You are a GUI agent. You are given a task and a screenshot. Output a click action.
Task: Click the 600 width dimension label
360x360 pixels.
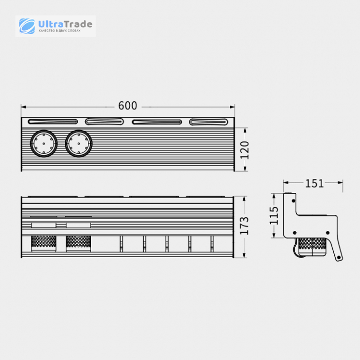click(128, 105)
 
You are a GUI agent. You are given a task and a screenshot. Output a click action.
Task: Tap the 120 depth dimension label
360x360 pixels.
click(244, 150)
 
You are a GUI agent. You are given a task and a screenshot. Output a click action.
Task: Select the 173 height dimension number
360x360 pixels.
click(244, 226)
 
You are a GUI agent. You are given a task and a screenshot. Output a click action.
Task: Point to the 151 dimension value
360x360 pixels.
click(314, 184)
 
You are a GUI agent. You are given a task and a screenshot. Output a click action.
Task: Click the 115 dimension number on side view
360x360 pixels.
click(274, 215)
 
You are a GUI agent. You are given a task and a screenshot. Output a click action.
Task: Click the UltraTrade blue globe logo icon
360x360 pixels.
click(27, 26)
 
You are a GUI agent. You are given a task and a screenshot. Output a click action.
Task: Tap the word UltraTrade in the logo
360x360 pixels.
click(65, 24)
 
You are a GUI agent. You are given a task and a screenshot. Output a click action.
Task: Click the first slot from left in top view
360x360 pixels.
click(53, 122)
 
